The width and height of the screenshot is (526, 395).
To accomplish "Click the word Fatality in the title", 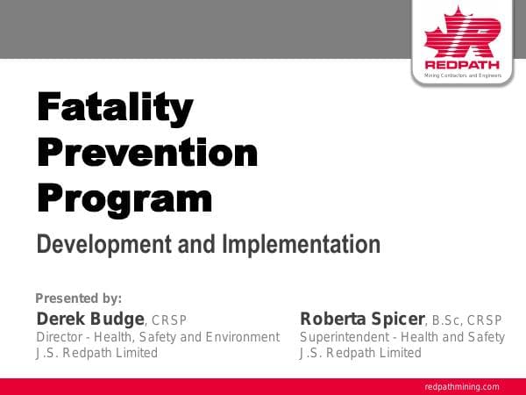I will point(114,109).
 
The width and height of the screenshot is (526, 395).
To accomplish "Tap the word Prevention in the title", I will point(147,154).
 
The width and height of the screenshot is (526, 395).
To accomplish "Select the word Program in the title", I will point(124,199).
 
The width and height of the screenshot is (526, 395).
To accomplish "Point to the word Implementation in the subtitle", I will point(302,243).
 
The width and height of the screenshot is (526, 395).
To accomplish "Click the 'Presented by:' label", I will point(77,298).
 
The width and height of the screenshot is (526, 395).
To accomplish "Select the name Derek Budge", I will point(89,318).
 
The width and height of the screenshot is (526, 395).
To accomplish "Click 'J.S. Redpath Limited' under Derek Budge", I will point(96,353).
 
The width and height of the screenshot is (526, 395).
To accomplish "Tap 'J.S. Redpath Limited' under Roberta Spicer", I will point(360,353).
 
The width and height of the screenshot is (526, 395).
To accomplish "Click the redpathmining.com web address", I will point(462,386).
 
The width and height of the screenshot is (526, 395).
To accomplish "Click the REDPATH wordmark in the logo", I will point(462,65).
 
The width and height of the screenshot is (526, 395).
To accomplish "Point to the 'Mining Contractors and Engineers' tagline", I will point(462,76).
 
